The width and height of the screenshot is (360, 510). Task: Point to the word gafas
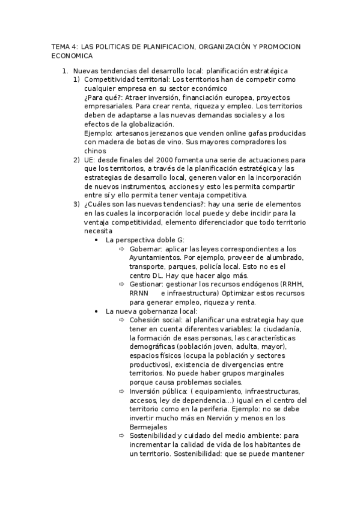(238, 132)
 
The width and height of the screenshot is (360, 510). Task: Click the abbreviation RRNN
(139, 293)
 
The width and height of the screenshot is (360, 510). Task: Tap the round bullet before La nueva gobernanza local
(97, 311)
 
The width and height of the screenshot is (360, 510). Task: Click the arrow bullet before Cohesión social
(122, 320)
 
